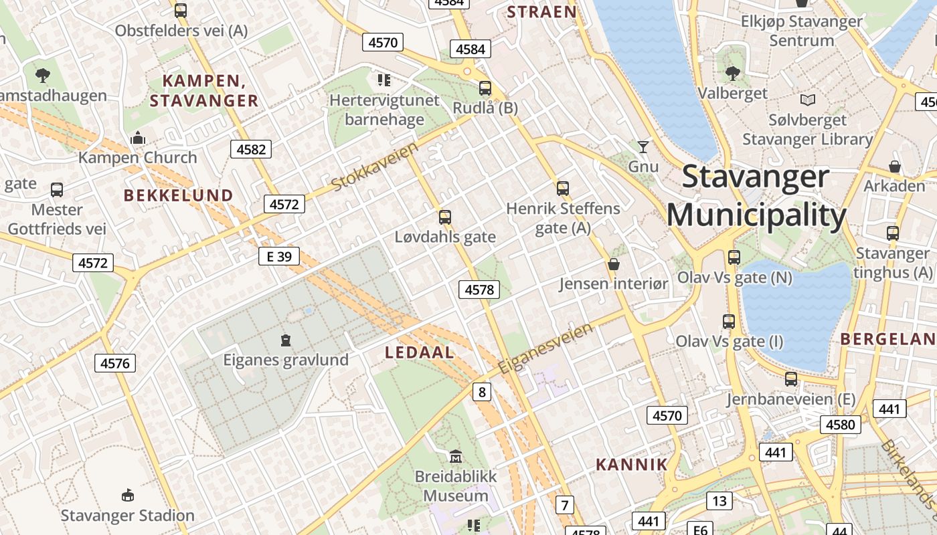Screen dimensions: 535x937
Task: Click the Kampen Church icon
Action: coord(138,138)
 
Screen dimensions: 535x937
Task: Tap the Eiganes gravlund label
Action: coord(286,360)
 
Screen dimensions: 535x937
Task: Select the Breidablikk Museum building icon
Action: coord(456,456)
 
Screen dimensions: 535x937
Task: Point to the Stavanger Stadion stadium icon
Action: coord(127,496)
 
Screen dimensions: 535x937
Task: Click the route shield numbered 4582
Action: coord(251,149)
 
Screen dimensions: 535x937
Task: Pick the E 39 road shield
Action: coord(279,256)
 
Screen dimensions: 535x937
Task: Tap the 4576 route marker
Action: coord(115,363)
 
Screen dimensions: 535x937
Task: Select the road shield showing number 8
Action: coord(481,392)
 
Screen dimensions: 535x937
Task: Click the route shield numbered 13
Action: coord(719,500)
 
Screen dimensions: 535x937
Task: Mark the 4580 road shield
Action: coord(841,425)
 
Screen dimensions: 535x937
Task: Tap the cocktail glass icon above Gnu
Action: coord(643,146)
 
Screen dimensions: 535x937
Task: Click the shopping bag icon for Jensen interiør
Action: coord(613,265)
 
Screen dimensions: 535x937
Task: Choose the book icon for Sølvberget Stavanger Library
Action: coord(808,100)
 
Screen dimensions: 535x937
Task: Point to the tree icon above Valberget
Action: coord(733,74)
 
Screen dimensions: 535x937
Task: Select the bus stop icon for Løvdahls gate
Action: coord(445,217)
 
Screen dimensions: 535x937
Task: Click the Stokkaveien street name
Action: coord(375,165)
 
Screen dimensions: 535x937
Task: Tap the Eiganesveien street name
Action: coord(545,348)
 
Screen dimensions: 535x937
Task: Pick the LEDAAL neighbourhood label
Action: coord(420,353)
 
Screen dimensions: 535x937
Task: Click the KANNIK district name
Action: coord(632,464)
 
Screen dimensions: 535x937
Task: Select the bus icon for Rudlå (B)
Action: coord(485,88)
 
